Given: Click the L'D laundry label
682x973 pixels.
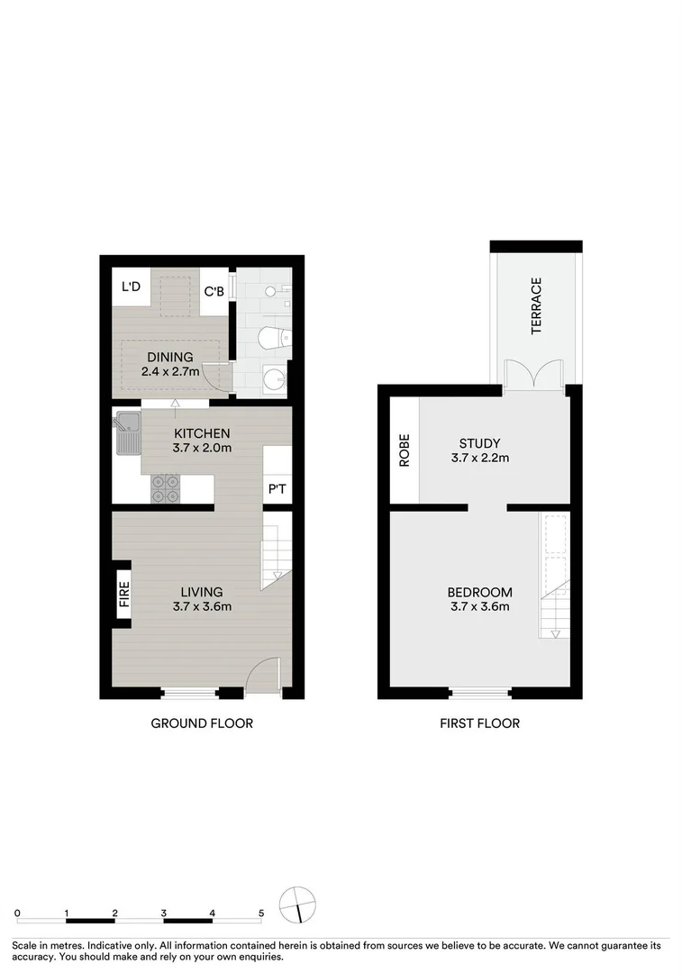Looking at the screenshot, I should click(x=131, y=287).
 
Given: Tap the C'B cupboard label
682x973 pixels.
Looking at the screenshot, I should click(x=214, y=292).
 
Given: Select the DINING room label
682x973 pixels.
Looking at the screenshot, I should click(x=170, y=357).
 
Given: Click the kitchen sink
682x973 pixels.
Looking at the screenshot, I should click(x=126, y=432).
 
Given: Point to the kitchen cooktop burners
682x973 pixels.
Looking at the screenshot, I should click(x=165, y=487).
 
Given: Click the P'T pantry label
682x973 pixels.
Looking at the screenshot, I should click(x=277, y=489).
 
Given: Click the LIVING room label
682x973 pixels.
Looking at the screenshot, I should click(x=201, y=592).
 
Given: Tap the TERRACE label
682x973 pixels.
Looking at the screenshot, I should click(x=537, y=305).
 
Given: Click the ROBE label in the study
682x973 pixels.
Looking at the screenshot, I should click(x=405, y=450).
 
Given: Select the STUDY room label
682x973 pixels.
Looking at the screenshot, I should click(x=480, y=443).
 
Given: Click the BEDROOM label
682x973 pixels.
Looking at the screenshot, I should click(x=480, y=592).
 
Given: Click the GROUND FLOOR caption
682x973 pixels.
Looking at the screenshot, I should click(x=202, y=723).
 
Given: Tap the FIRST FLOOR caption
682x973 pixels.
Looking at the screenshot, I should click(x=479, y=723).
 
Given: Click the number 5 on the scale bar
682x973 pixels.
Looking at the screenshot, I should click(x=261, y=913).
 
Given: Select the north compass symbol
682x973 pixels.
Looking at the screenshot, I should click(x=299, y=904).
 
